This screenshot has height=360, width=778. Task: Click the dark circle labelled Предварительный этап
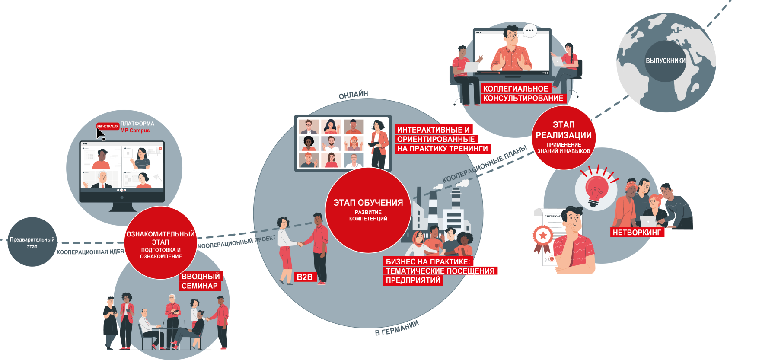[32, 242]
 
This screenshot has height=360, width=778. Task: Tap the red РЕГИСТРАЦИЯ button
[108, 126]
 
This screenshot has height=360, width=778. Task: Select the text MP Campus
[135, 131]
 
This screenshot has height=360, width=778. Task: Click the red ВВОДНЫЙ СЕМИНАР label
[200, 281]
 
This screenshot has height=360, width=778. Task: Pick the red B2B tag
[305, 277]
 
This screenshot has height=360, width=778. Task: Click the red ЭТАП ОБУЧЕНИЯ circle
[368, 210]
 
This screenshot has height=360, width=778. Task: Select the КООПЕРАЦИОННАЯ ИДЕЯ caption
[90, 252]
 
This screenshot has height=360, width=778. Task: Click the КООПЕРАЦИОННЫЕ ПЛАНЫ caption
[485, 164]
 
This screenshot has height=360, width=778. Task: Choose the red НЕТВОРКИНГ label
[637, 233]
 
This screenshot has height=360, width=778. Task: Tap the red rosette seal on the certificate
[543, 236]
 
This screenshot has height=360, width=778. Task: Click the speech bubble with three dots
[530, 31]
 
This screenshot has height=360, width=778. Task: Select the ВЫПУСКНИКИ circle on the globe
[666, 61]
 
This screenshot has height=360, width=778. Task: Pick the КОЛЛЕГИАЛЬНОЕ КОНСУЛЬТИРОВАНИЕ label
[523, 93]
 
